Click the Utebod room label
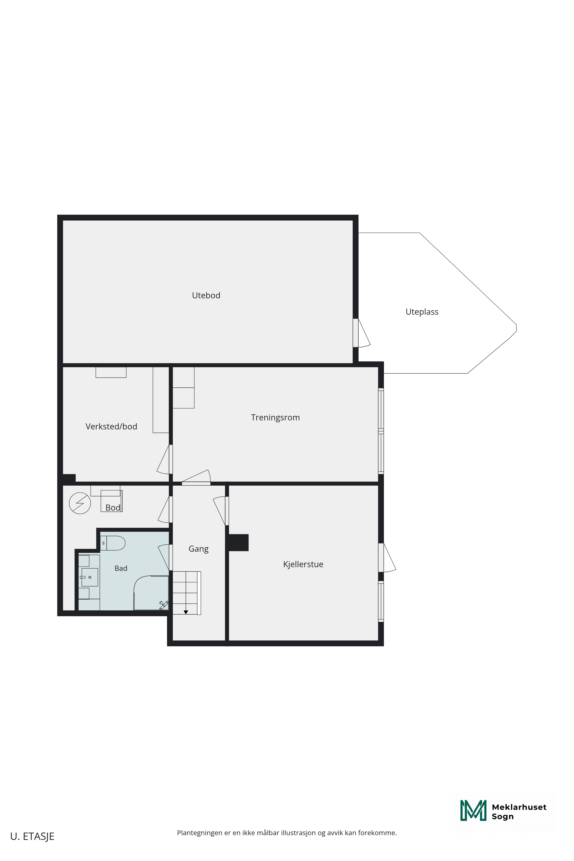pyautogui.click(x=206, y=295)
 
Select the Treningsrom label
pyautogui.click(x=275, y=418)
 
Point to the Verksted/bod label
pyautogui.click(x=111, y=426)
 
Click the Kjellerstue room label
pyautogui.click(x=303, y=564)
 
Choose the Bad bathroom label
pyautogui.click(x=121, y=568)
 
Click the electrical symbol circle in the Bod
pyautogui.click(x=80, y=503)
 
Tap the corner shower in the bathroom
pyautogui.click(x=151, y=593)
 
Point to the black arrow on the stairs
pyautogui.click(x=186, y=612)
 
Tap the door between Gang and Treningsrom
pyautogui.click(x=196, y=477)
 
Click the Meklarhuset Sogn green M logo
pyautogui.click(x=473, y=810)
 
